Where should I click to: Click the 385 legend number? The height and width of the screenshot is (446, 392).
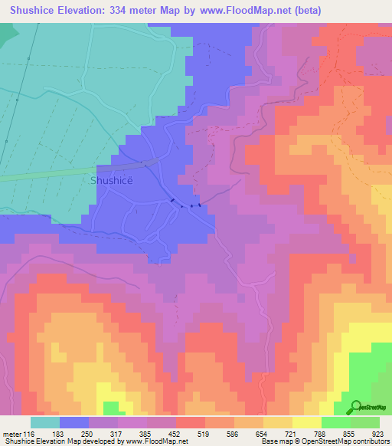[x=147, y=434]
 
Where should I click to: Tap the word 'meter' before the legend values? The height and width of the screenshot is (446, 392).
[x=11, y=434]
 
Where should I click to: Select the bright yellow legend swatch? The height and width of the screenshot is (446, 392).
[x=306, y=422]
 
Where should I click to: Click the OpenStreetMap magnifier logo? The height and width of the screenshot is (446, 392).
[x=354, y=407]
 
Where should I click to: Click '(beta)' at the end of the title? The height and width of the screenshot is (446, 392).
[x=305, y=10]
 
